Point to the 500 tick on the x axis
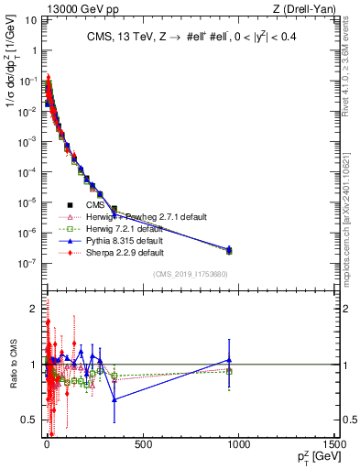click(x=143, y=445)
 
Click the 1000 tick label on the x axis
click(x=238, y=445)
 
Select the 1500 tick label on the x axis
click(x=333, y=445)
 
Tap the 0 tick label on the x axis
click(x=47, y=445)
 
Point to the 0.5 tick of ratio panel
click(x=31, y=420)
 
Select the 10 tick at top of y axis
click(x=29, y=21)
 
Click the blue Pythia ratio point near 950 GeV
click(x=229, y=360)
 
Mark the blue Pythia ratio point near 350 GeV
click(x=115, y=399)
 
